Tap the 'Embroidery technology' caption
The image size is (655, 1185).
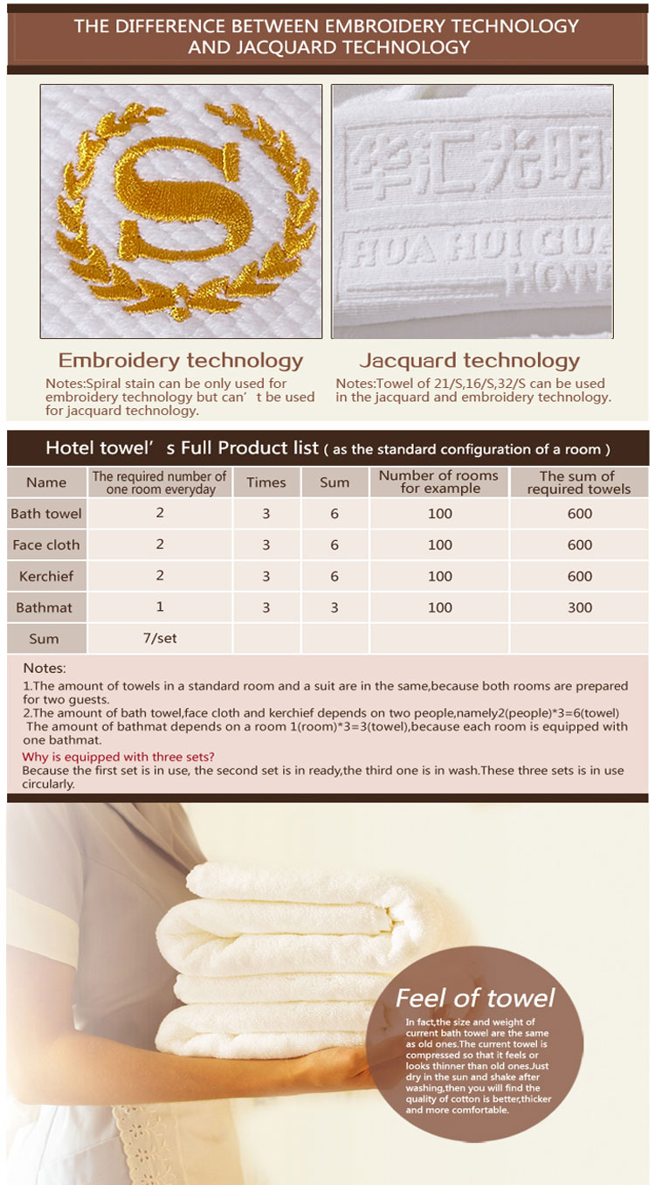click(181, 360)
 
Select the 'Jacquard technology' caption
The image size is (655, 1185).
click(469, 360)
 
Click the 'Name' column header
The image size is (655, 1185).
click(46, 482)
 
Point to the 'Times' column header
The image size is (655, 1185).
click(266, 482)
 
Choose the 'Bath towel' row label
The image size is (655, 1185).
click(46, 514)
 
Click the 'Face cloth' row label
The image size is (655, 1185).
click(46, 545)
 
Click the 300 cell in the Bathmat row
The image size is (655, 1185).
click(580, 607)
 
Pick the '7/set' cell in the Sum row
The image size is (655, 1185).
click(160, 638)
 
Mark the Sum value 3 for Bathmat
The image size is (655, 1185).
click(334, 607)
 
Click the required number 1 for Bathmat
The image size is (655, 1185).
click(160, 607)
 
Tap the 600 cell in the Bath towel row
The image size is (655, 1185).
click(580, 514)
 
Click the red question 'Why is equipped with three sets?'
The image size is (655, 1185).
click(118, 757)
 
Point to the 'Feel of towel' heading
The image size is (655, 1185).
click(475, 998)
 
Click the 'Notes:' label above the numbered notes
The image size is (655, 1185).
click(45, 669)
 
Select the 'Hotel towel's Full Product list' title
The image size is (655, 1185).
click(182, 448)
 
